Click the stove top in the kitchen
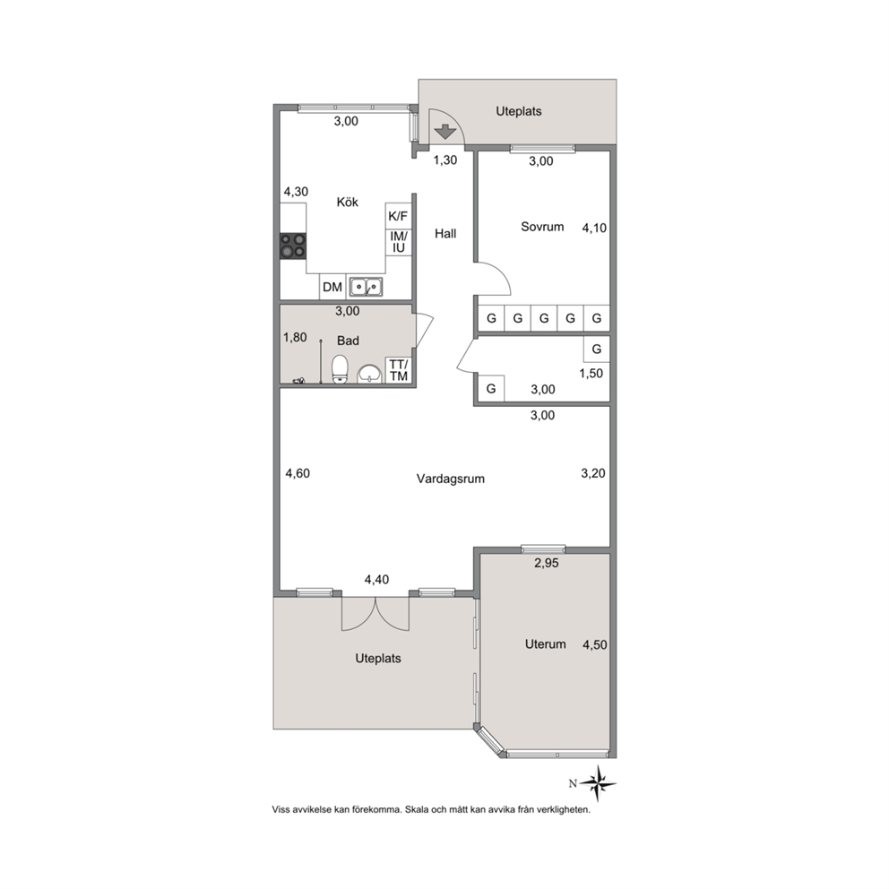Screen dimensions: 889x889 293,246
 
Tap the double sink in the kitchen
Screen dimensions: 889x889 366,287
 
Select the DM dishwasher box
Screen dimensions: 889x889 332,287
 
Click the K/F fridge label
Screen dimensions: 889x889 398,216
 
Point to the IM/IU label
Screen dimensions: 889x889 399,242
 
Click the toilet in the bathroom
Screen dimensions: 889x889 340,369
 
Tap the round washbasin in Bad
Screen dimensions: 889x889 369,375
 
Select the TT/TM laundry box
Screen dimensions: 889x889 399,370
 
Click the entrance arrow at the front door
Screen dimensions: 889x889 445,132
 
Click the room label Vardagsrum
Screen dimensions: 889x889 451,479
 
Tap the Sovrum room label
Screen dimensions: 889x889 542,227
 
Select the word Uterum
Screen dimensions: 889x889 546,644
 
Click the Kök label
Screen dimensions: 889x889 348,202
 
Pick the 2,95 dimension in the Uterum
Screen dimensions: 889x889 547,563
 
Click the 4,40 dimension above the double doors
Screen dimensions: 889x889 377,580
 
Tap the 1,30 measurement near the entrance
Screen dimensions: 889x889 445,160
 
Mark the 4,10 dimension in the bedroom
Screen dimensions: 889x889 594,228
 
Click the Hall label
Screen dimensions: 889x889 445,233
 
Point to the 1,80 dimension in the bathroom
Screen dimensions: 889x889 295,337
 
